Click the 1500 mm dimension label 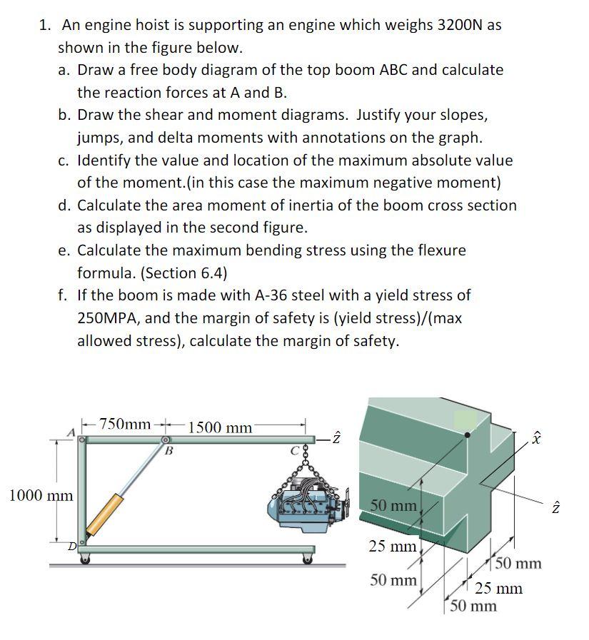[220, 427]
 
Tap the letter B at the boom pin [168, 451]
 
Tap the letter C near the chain [293, 450]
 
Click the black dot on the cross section [467, 434]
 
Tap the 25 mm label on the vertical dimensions [392, 547]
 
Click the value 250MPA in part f [106, 318]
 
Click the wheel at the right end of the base [308, 559]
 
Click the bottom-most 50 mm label [473, 606]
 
